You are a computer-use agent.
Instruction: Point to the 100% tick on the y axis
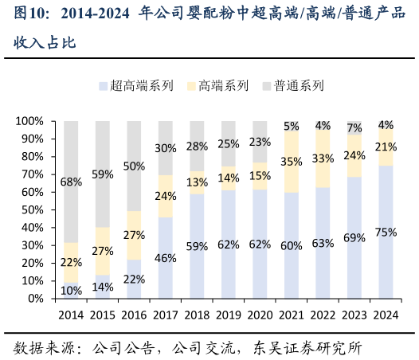click(x=29, y=121)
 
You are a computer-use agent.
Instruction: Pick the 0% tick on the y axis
click(x=36, y=299)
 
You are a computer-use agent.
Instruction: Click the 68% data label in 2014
click(x=71, y=182)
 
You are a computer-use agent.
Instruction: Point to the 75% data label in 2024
click(x=386, y=233)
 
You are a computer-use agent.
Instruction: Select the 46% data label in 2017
click(x=165, y=258)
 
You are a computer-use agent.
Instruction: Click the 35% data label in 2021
click(x=292, y=161)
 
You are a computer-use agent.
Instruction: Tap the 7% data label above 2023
click(x=354, y=127)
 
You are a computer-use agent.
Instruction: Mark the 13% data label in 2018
click(x=197, y=181)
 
